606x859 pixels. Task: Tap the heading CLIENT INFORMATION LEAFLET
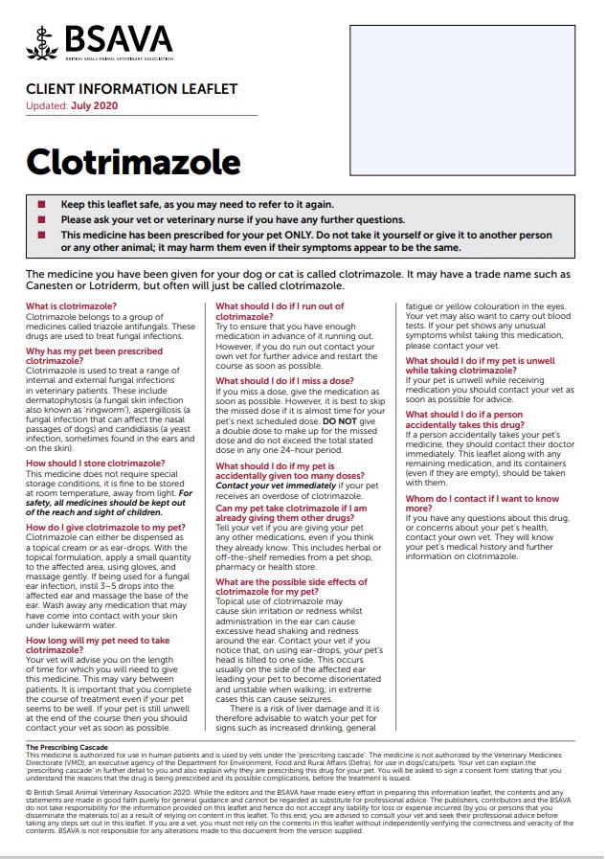(x=131, y=89)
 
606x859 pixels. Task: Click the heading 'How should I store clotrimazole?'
(x=96, y=463)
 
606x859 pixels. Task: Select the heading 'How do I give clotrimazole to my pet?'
(x=105, y=528)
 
